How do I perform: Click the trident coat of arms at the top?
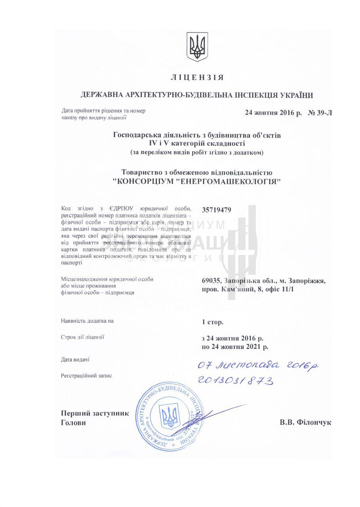[x=197, y=47]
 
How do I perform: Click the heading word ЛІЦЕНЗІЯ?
[x=197, y=77]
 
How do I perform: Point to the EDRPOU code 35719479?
[x=217, y=210]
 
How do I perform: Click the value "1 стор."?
[x=213, y=322]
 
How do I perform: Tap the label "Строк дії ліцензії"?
[x=82, y=337]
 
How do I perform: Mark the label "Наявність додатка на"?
[x=87, y=321]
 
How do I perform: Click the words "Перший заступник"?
[x=95, y=413]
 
